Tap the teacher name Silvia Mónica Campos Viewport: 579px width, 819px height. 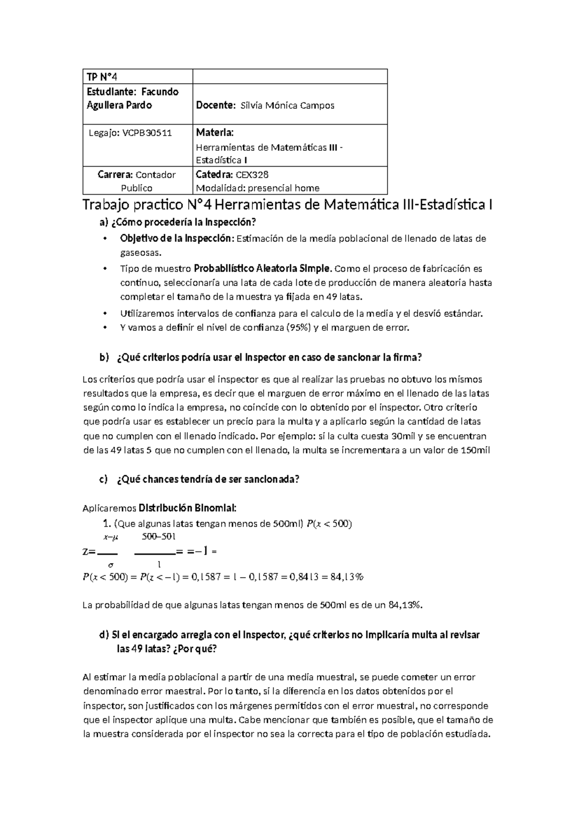click(x=287, y=105)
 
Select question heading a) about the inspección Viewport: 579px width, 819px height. click(x=177, y=223)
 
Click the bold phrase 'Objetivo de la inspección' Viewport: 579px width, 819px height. click(x=176, y=238)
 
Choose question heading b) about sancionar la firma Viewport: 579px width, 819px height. click(x=261, y=358)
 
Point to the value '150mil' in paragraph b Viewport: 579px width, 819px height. click(x=475, y=451)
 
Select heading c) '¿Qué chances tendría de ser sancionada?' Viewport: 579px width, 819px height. click(x=199, y=479)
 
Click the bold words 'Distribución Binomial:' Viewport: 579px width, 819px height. click(x=188, y=508)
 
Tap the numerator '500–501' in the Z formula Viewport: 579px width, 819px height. click(x=159, y=537)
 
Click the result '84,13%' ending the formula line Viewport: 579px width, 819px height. click(x=347, y=577)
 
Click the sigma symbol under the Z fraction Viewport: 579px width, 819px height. click(x=111, y=564)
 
